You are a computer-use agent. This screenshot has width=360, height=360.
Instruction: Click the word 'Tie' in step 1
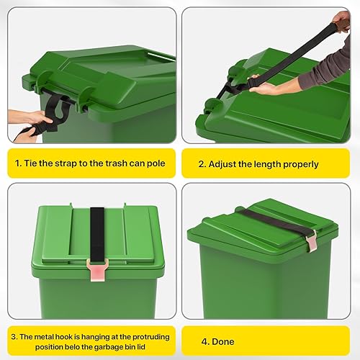tap(30, 163)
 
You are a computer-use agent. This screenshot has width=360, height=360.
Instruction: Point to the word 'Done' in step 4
tap(223, 342)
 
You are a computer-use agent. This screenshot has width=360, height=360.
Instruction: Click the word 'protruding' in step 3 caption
tap(151, 337)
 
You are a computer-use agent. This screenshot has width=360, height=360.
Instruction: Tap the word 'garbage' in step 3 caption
tap(109, 348)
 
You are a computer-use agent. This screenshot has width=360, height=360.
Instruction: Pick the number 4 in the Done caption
tap(204, 342)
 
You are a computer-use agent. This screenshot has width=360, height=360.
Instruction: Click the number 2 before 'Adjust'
tap(201, 165)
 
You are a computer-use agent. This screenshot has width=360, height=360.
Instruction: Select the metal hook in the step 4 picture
tap(311, 240)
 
